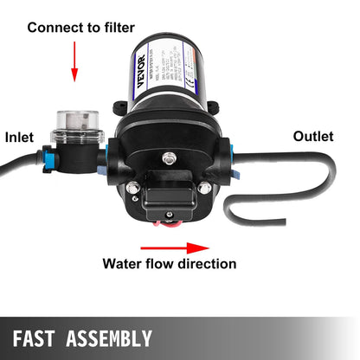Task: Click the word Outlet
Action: click(313, 136)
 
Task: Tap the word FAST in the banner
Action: click(42, 337)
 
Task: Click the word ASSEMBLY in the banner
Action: click(111, 337)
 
